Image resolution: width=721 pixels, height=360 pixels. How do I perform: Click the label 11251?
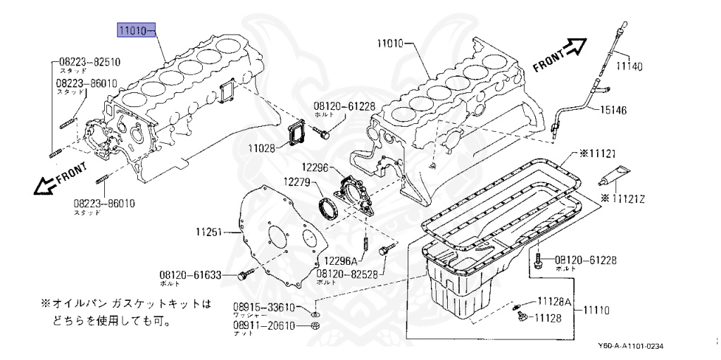click(209, 231)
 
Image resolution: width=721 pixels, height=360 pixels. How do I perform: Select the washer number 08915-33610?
click(265, 307)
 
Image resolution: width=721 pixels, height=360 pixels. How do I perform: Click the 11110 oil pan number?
click(594, 309)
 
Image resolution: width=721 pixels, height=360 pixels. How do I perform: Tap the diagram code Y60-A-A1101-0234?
click(630, 346)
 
